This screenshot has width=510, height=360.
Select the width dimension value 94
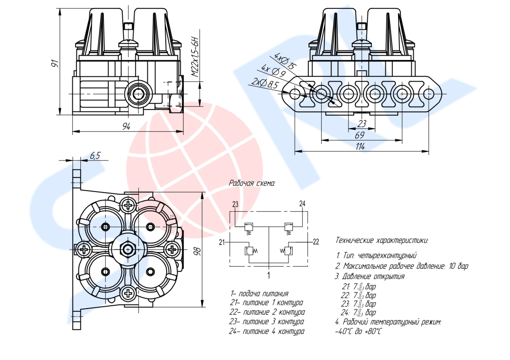click(x=126, y=126)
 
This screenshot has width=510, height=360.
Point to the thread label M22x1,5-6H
click(x=195, y=57)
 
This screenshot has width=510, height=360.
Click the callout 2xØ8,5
click(x=265, y=83)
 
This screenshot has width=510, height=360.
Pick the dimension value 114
click(x=360, y=147)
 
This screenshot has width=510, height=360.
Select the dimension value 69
click(x=359, y=135)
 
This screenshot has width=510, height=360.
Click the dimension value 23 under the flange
click(x=362, y=124)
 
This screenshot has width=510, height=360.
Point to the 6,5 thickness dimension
click(x=94, y=156)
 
